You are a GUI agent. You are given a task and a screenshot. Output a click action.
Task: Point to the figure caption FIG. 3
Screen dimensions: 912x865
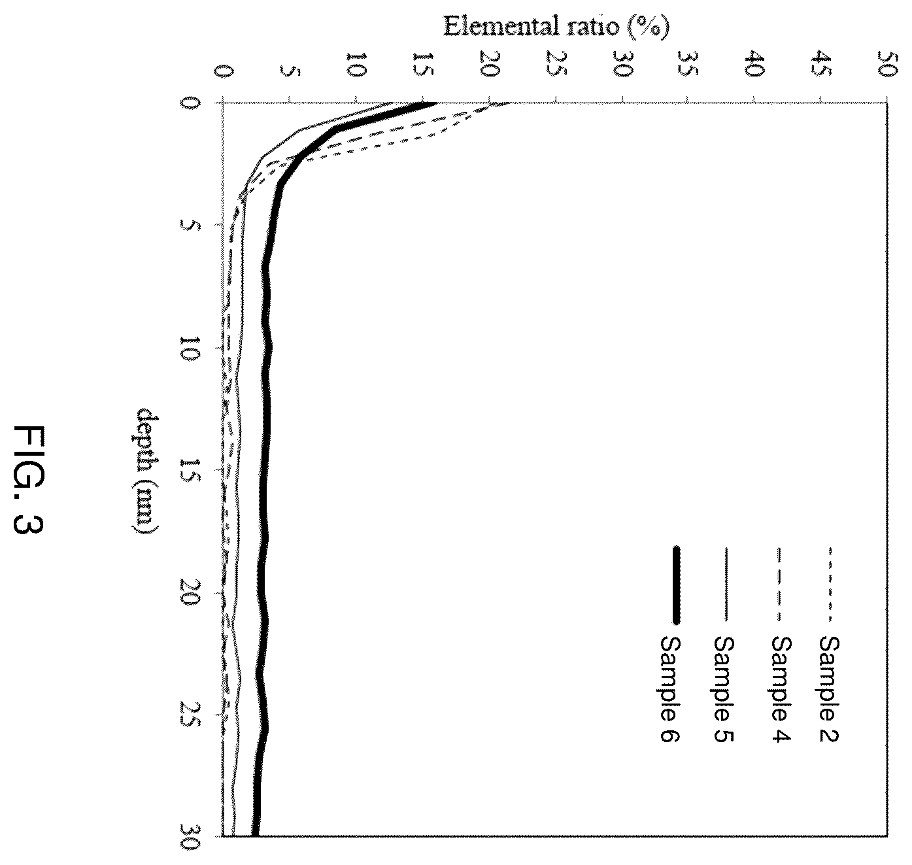tap(29, 479)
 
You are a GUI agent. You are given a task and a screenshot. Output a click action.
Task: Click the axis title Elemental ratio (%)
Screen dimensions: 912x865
tap(556, 27)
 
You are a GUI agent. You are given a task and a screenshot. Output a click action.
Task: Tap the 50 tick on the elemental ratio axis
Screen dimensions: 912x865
tap(887, 65)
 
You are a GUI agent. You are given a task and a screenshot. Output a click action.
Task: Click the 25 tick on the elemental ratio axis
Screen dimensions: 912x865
tap(555, 65)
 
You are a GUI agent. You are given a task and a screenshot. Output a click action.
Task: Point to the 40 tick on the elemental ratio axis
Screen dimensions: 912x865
tap(754, 65)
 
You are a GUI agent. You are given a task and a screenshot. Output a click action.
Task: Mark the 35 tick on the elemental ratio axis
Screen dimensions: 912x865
tap(688, 65)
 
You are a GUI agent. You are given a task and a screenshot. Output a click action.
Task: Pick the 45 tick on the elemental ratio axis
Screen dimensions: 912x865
tap(821, 65)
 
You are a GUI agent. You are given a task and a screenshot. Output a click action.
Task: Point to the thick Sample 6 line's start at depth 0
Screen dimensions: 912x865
tap(435, 103)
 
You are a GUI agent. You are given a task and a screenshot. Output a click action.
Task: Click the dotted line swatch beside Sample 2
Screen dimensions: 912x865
tap(830, 585)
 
